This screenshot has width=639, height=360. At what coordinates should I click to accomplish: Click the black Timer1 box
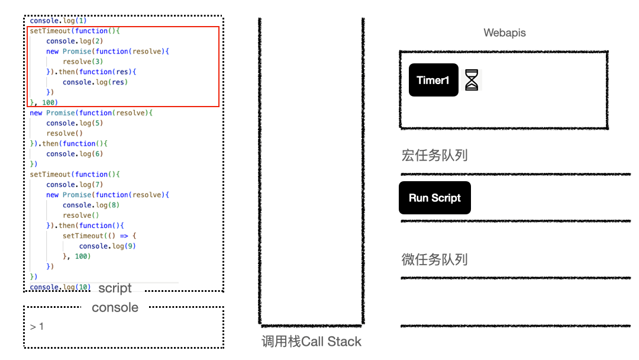click(x=433, y=80)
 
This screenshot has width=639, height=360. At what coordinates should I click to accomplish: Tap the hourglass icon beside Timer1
click(x=471, y=79)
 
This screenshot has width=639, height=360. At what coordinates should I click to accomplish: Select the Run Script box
click(x=434, y=198)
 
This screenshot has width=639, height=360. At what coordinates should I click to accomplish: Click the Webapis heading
click(x=504, y=33)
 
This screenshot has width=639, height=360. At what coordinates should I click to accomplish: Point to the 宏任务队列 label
click(x=434, y=156)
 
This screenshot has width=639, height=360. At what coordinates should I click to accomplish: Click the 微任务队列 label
click(x=434, y=259)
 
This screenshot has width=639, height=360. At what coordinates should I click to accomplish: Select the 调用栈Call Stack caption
click(x=311, y=342)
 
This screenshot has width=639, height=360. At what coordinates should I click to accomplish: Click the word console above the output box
click(x=115, y=307)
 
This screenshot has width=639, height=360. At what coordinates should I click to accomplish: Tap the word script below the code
click(x=115, y=288)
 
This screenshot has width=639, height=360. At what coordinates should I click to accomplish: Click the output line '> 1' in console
click(x=37, y=327)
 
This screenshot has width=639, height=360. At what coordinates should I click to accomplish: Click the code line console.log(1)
click(x=58, y=21)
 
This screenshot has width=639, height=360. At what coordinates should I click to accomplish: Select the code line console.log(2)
click(x=75, y=41)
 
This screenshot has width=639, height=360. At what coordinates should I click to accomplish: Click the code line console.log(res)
click(x=95, y=82)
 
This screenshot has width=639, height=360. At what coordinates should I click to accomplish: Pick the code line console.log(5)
click(x=75, y=123)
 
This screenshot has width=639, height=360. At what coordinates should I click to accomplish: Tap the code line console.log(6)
click(x=75, y=154)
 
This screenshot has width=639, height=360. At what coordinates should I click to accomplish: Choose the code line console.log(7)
click(x=75, y=185)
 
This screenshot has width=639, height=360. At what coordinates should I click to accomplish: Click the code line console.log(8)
click(x=91, y=205)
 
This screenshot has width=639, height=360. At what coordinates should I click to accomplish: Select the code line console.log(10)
click(x=60, y=287)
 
